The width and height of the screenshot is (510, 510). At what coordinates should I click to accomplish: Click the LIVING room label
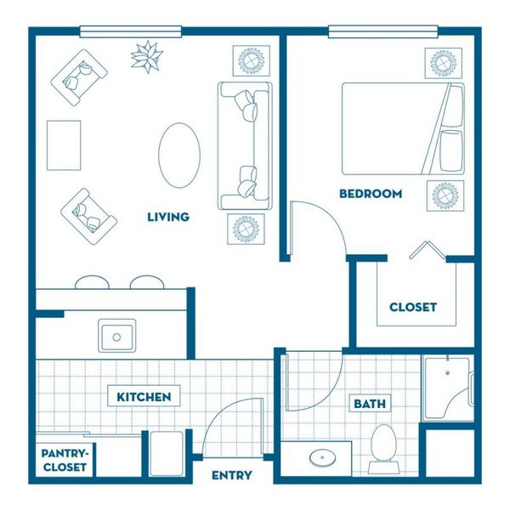[x=168, y=217]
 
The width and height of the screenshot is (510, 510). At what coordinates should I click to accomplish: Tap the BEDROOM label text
[x=371, y=194]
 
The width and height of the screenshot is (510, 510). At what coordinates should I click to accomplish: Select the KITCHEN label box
[x=144, y=396]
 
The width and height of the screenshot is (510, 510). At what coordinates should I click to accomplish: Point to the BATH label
[x=370, y=404]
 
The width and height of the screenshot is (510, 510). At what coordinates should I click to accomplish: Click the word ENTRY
[x=232, y=475]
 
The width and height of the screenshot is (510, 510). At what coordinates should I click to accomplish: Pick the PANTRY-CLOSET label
[x=65, y=460]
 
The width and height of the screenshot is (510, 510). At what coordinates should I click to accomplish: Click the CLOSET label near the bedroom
[x=413, y=307]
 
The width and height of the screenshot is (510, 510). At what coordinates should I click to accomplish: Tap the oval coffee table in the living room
[x=179, y=156]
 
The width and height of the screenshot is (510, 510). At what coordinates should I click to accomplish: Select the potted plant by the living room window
[x=147, y=57]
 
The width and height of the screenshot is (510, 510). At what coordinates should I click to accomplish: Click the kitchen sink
[x=117, y=336]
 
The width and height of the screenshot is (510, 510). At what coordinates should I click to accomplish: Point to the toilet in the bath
[x=384, y=449]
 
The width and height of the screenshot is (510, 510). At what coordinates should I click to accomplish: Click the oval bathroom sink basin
[x=322, y=457]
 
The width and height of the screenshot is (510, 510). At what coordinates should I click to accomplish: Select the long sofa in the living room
[x=245, y=145]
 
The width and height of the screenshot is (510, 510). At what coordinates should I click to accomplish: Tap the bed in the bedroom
[x=403, y=128]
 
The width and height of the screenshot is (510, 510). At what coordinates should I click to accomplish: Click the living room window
[x=130, y=32]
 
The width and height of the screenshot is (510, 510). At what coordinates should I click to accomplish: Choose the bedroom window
[x=383, y=32]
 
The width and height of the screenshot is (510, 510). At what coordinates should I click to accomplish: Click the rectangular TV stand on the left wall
[x=64, y=145]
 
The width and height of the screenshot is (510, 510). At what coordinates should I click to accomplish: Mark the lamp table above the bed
[x=444, y=63]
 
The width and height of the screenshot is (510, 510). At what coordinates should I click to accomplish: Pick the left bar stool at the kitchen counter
[x=92, y=282]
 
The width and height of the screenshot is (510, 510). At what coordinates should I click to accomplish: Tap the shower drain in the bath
[x=448, y=373]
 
